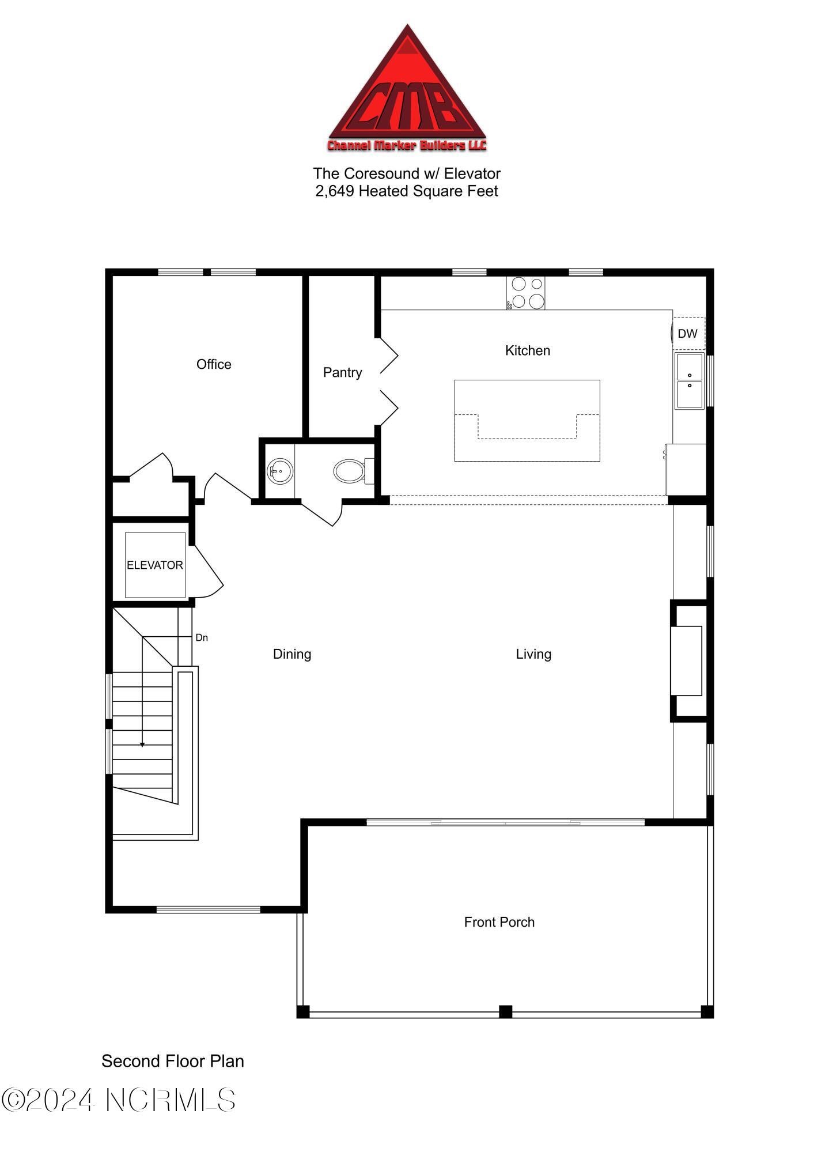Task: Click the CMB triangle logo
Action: (407, 92)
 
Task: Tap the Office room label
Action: (214, 364)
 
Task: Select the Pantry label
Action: (342, 372)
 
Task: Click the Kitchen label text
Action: (527, 350)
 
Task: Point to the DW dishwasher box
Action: (688, 333)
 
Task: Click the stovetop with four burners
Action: (525, 293)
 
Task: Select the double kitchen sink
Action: (689, 381)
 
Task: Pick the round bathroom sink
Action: (280, 471)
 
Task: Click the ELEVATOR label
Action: (155, 565)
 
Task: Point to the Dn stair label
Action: (202, 637)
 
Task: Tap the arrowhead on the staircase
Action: (142, 745)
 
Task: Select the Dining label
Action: (292, 654)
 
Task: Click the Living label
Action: (533, 654)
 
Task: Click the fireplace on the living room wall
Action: (687, 660)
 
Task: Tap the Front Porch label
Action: (499, 922)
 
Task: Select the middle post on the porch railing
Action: (505, 1011)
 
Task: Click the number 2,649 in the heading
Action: (334, 191)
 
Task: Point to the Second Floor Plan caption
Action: (173, 1061)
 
